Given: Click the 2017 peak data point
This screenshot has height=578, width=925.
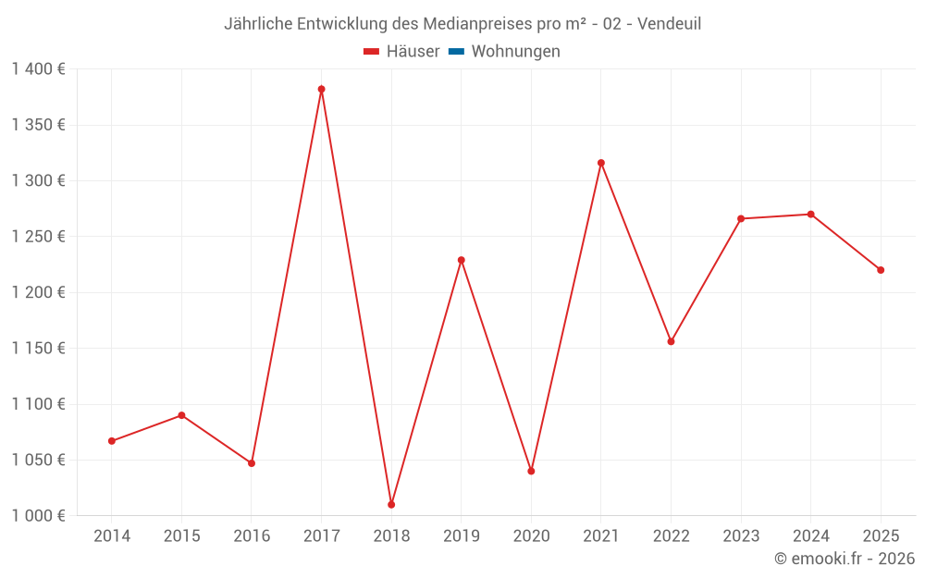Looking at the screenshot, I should (x=321, y=90).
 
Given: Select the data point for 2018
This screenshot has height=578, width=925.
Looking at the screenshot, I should (x=391, y=505).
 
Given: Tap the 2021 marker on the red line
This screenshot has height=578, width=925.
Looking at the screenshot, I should (x=601, y=163).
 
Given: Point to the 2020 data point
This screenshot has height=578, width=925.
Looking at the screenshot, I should (x=531, y=472).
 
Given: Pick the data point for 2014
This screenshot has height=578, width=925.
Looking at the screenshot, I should (x=112, y=441).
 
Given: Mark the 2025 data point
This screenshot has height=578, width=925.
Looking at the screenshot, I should (x=881, y=270).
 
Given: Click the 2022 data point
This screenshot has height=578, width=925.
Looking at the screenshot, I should (x=671, y=342).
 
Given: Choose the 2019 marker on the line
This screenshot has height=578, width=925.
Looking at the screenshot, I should (x=462, y=260).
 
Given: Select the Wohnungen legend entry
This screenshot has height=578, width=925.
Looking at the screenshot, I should (x=515, y=52).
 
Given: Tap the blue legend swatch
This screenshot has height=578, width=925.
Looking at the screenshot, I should (x=456, y=52).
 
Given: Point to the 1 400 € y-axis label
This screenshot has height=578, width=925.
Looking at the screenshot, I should (x=38, y=69).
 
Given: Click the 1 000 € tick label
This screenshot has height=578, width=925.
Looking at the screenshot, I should (x=38, y=516).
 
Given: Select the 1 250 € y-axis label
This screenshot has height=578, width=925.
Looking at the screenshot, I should (x=38, y=237).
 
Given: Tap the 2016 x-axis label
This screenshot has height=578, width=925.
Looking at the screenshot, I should (x=252, y=536).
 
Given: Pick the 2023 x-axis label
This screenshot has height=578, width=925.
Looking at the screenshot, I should (x=741, y=536).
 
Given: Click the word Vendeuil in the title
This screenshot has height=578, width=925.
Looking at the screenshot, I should (x=669, y=24).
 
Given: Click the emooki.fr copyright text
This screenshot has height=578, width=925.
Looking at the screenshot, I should (x=845, y=559).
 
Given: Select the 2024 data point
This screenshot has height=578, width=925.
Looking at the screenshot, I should (x=810, y=215).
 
